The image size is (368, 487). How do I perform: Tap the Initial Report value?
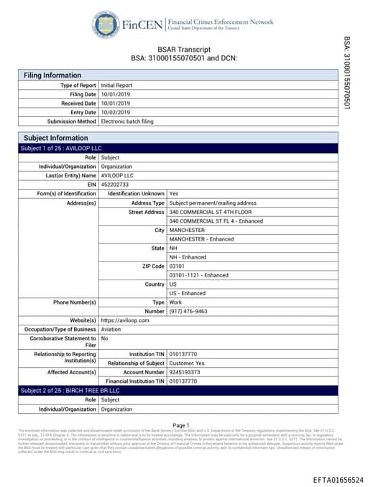116,85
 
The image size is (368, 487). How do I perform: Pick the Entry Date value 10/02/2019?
116,112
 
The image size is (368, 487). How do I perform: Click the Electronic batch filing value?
134,121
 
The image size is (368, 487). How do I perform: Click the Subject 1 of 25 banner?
52,148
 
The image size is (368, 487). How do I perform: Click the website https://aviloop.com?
125,320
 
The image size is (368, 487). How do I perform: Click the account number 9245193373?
188,372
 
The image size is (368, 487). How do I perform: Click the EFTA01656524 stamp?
338,479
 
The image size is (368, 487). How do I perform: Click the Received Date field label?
76,103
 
